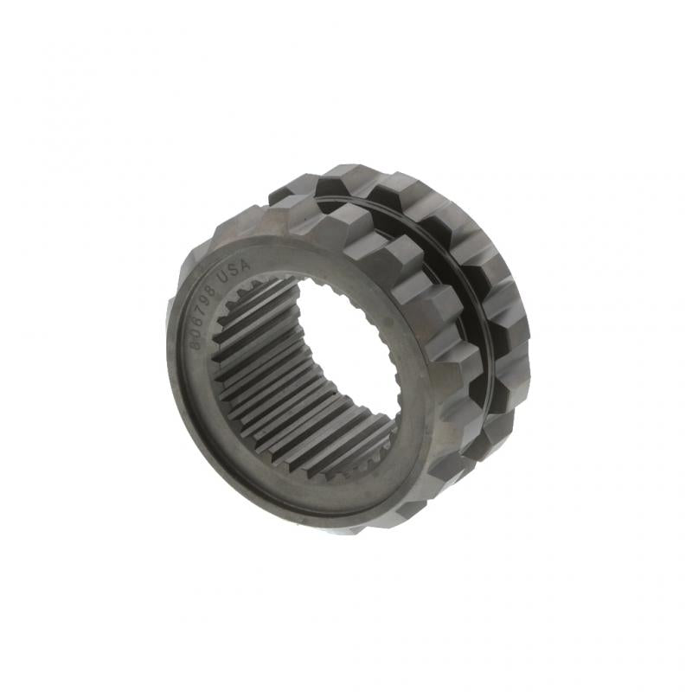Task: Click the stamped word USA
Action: click(233, 276)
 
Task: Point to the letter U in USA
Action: click(222, 283)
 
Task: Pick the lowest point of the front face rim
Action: click(346, 526)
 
